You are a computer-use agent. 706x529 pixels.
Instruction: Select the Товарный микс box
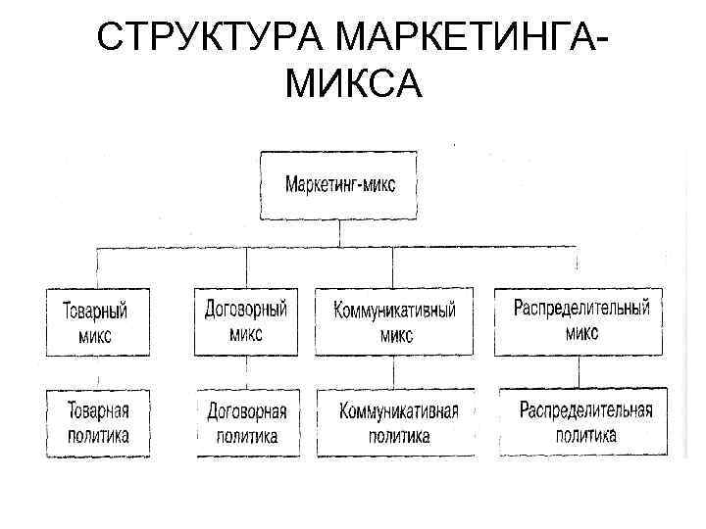[96, 322]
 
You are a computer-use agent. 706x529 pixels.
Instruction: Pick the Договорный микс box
[245, 320]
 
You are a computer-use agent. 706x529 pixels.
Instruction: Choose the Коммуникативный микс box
[394, 320]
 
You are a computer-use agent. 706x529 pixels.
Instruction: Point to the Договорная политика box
[246, 422]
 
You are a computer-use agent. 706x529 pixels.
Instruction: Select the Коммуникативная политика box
[399, 422]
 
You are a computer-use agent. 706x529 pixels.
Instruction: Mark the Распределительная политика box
[585, 421]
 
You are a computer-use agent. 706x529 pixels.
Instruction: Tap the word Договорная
[246, 410]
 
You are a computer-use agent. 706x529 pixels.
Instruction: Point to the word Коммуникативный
[394, 310]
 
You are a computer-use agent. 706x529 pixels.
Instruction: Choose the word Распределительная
[585, 409]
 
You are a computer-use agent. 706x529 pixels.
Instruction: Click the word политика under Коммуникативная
[399, 436]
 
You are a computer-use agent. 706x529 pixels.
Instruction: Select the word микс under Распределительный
[581, 332]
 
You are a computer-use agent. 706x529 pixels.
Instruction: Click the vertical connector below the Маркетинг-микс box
[339, 233]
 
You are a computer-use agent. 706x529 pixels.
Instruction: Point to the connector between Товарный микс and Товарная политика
[96, 372]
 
